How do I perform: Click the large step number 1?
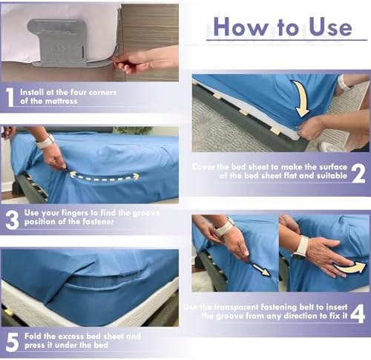point(10,97)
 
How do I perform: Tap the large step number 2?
point(358,174)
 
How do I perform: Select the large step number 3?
point(12,220)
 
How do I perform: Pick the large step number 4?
point(358,314)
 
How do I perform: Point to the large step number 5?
point(13,342)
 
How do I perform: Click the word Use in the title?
point(330,27)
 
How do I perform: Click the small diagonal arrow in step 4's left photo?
point(261,269)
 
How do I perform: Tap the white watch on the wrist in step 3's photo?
point(45,141)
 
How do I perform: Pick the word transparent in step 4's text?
point(236,307)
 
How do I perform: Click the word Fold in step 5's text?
point(33,336)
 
